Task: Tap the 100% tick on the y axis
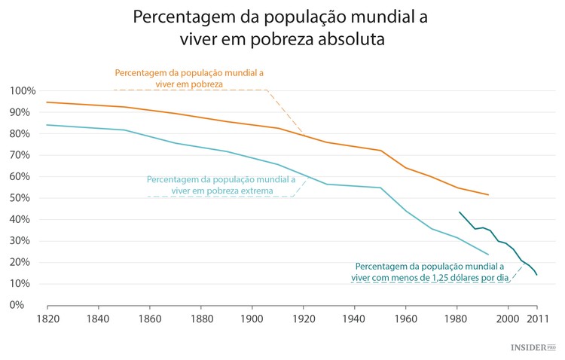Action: [23, 91]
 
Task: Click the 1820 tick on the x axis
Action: [47, 319]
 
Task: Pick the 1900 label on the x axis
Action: [252, 319]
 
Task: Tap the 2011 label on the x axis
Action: [536, 319]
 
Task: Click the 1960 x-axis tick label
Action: [405, 319]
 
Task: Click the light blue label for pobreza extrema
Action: [221, 185]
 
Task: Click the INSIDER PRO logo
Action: [532, 347]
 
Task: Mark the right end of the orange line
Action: [489, 195]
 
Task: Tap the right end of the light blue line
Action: [489, 255]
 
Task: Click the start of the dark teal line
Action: [459, 212]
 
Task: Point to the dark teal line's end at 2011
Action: [537, 275]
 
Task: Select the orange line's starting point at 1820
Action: [47, 102]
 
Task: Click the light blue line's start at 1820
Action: [47, 125]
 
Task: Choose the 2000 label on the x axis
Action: [508, 319]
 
